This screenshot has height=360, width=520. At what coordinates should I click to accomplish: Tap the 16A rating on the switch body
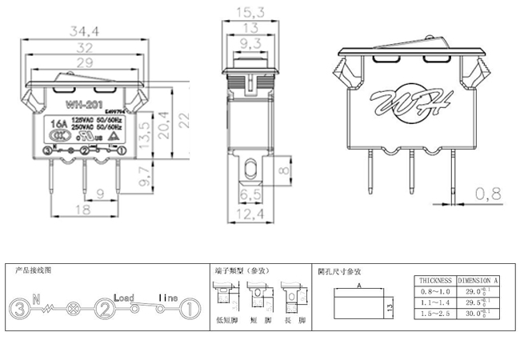58,125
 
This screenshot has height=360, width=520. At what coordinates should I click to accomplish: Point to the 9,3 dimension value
250,42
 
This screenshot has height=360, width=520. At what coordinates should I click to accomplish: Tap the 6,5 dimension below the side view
250,194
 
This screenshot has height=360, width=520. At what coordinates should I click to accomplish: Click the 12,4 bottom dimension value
250,215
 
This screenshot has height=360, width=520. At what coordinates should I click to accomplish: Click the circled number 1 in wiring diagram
187,308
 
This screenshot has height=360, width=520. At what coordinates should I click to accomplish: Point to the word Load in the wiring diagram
124,297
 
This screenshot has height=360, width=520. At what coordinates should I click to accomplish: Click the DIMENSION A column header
478,282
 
